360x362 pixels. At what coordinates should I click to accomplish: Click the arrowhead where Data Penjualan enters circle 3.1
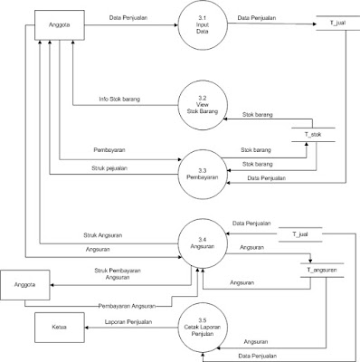point(175,25)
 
